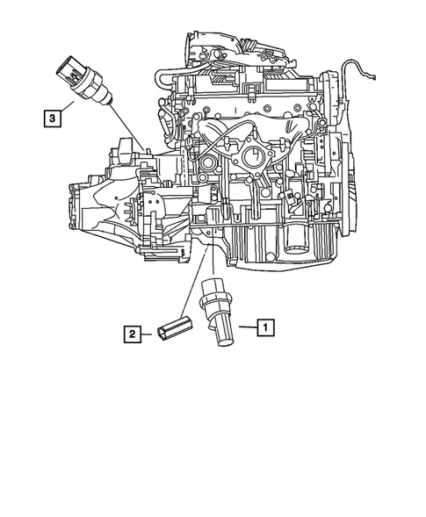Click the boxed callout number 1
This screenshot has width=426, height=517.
click(x=264, y=327)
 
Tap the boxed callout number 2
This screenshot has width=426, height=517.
click(x=131, y=334)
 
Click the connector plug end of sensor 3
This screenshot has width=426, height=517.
click(x=71, y=66)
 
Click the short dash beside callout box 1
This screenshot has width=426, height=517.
click(x=245, y=327)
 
